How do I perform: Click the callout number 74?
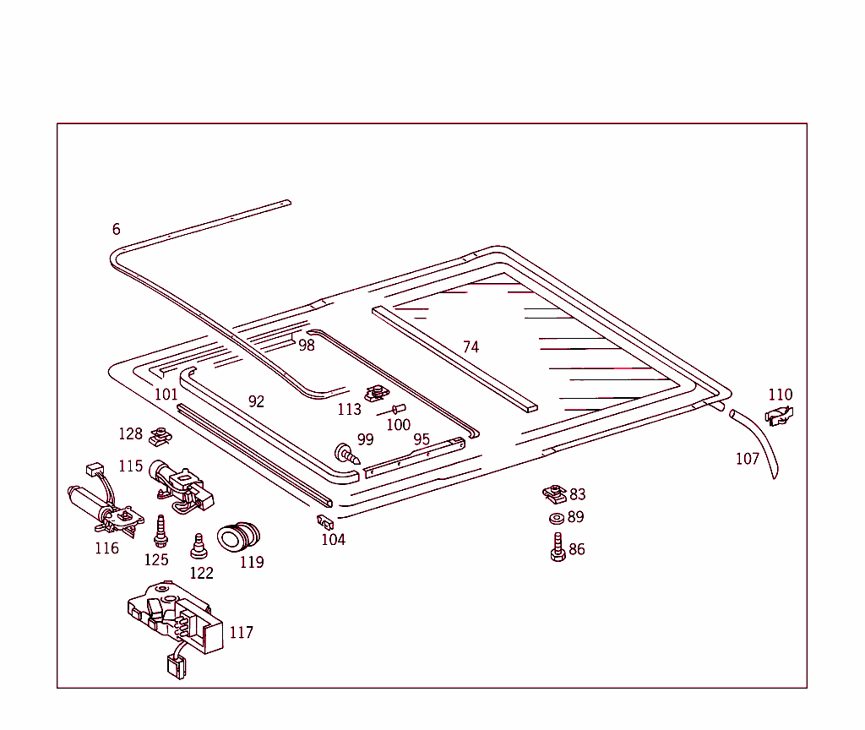[471, 347]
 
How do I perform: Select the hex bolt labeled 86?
[558, 548]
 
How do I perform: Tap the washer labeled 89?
[556, 518]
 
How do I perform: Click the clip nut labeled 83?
[553, 493]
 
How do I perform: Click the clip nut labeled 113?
[376, 394]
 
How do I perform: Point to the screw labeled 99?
[347, 454]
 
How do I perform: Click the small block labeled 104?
[325, 521]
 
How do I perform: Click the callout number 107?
[748, 459]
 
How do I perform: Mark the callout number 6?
[117, 229]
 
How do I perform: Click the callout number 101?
[166, 395]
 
